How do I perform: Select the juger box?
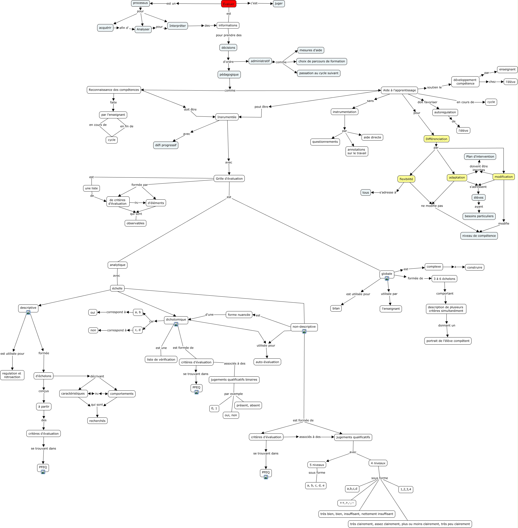point(279,3)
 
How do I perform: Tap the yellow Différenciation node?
point(436,139)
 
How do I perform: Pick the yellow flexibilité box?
point(406,179)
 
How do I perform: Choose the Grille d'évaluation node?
point(229,179)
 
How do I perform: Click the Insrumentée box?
point(227,117)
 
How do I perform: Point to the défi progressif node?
point(166,145)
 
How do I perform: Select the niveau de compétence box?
point(479,236)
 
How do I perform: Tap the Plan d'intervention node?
point(480,157)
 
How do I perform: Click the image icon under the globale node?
point(387,278)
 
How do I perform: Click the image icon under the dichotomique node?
point(176,324)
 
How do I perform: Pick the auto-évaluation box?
point(267,362)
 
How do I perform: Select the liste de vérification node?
point(161,359)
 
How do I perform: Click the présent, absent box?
point(248,405)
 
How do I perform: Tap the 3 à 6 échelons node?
point(444,279)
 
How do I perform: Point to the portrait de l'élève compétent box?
point(448,341)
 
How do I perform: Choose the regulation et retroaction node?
point(12,375)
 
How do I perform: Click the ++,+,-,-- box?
point(347,503)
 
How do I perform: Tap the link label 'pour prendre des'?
point(229,35)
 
